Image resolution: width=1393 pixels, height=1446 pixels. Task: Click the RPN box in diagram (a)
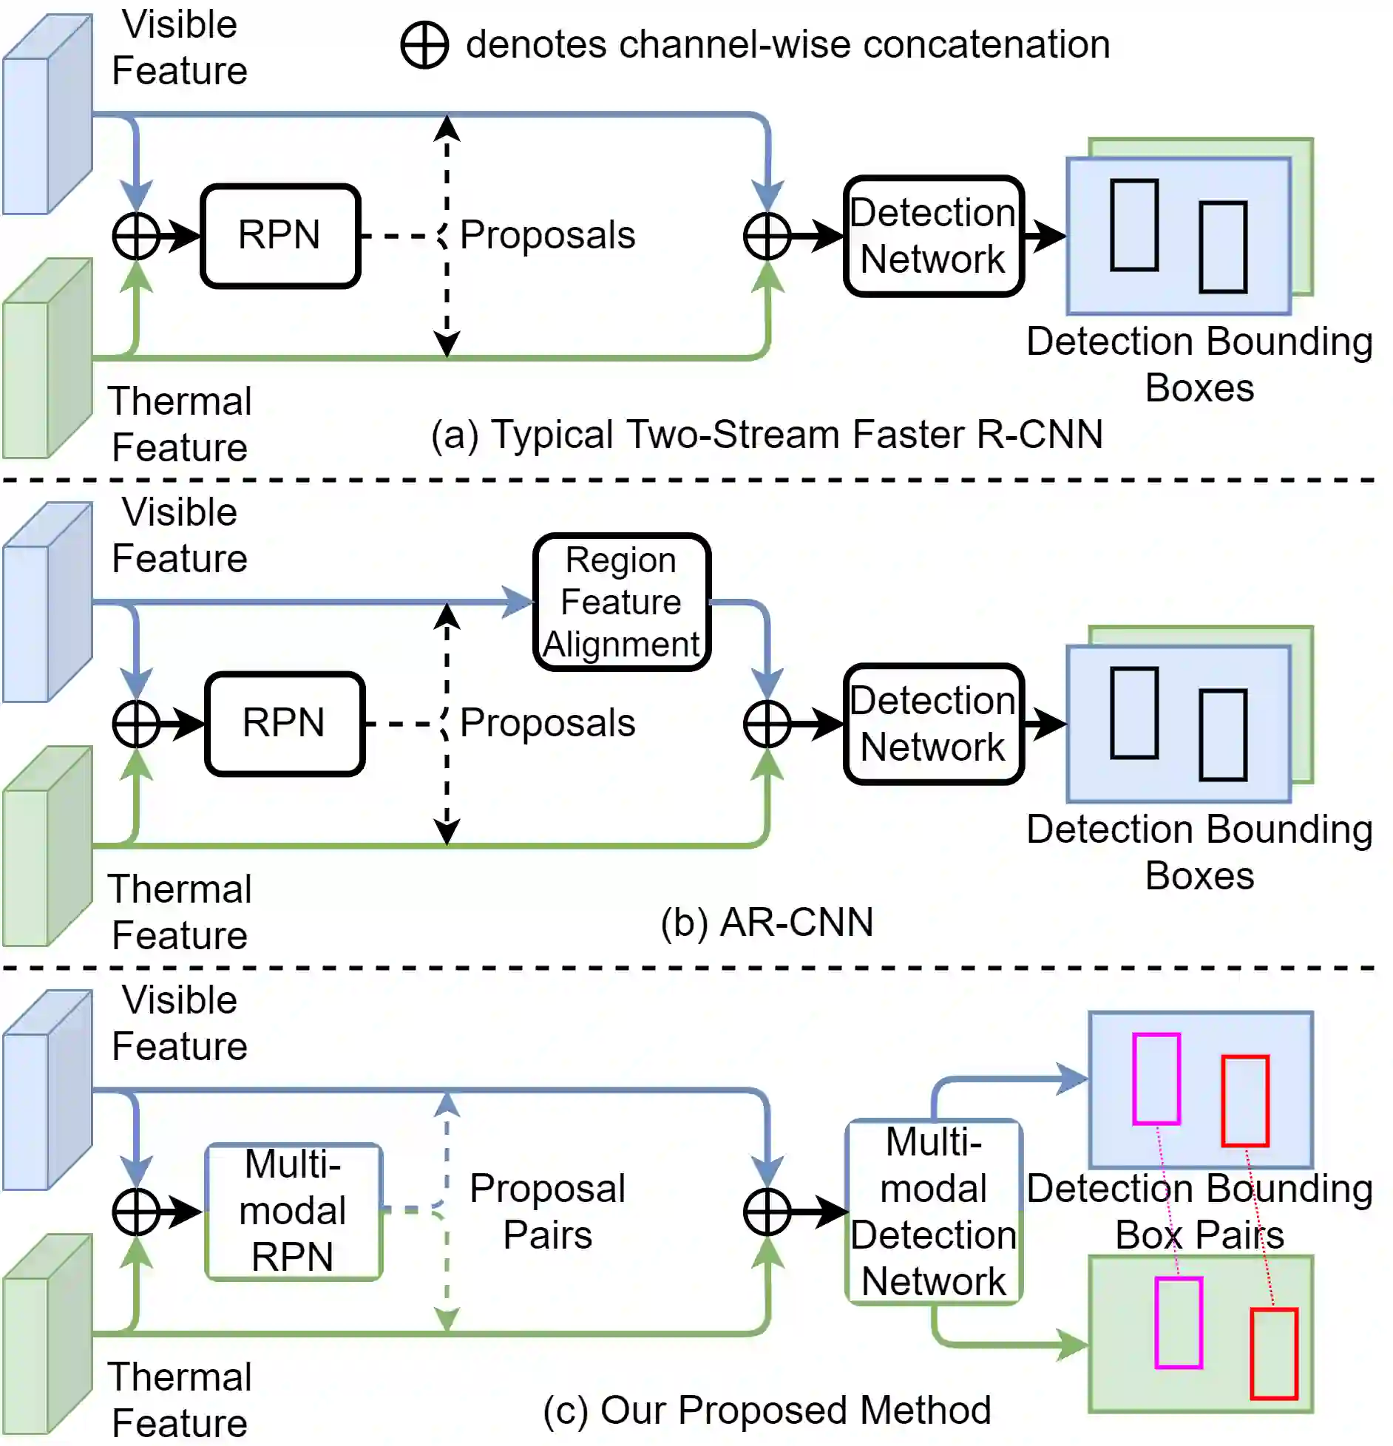click(x=280, y=236)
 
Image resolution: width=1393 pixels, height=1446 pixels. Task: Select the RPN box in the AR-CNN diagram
click(x=285, y=723)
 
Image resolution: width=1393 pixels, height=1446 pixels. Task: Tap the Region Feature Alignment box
click(x=622, y=602)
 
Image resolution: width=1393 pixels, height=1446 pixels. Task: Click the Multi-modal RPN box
click(x=294, y=1211)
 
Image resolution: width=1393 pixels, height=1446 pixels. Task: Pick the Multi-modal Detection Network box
click(x=934, y=1211)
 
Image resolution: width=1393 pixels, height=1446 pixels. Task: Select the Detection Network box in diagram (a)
click(x=934, y=236)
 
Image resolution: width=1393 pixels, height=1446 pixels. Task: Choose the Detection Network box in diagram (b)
click(x=934, y=723)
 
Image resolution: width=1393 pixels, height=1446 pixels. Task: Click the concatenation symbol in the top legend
click(x=424, y=45)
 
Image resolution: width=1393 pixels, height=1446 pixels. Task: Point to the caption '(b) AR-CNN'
click(x=767, y=922)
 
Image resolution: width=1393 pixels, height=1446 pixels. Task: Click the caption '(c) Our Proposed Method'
click(x=767, y=1410)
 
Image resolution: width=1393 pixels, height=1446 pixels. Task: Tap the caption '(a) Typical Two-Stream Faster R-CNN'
click(x=767, y=434)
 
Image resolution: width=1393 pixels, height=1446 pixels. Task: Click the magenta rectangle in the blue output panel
click(x=1156, y=1079)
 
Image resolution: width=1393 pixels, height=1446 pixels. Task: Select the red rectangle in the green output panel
click(x=1274, y=1354)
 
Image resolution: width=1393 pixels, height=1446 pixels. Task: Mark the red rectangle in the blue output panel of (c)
click(x=1246, y=1101)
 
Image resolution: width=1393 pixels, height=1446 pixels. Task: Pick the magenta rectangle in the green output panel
click(x=1179, y=1323)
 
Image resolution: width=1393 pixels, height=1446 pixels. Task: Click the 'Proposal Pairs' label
click(x=548, y=1211)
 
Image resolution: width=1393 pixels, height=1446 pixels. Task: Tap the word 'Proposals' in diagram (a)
click(x=548, y=236)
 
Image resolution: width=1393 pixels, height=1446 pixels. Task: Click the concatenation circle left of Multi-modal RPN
click(x=137, y=1212)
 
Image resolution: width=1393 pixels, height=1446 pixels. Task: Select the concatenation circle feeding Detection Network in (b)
click(x=767, y=724)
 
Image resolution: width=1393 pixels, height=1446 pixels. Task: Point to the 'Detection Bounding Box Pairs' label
click(x=1199, y=1211)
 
